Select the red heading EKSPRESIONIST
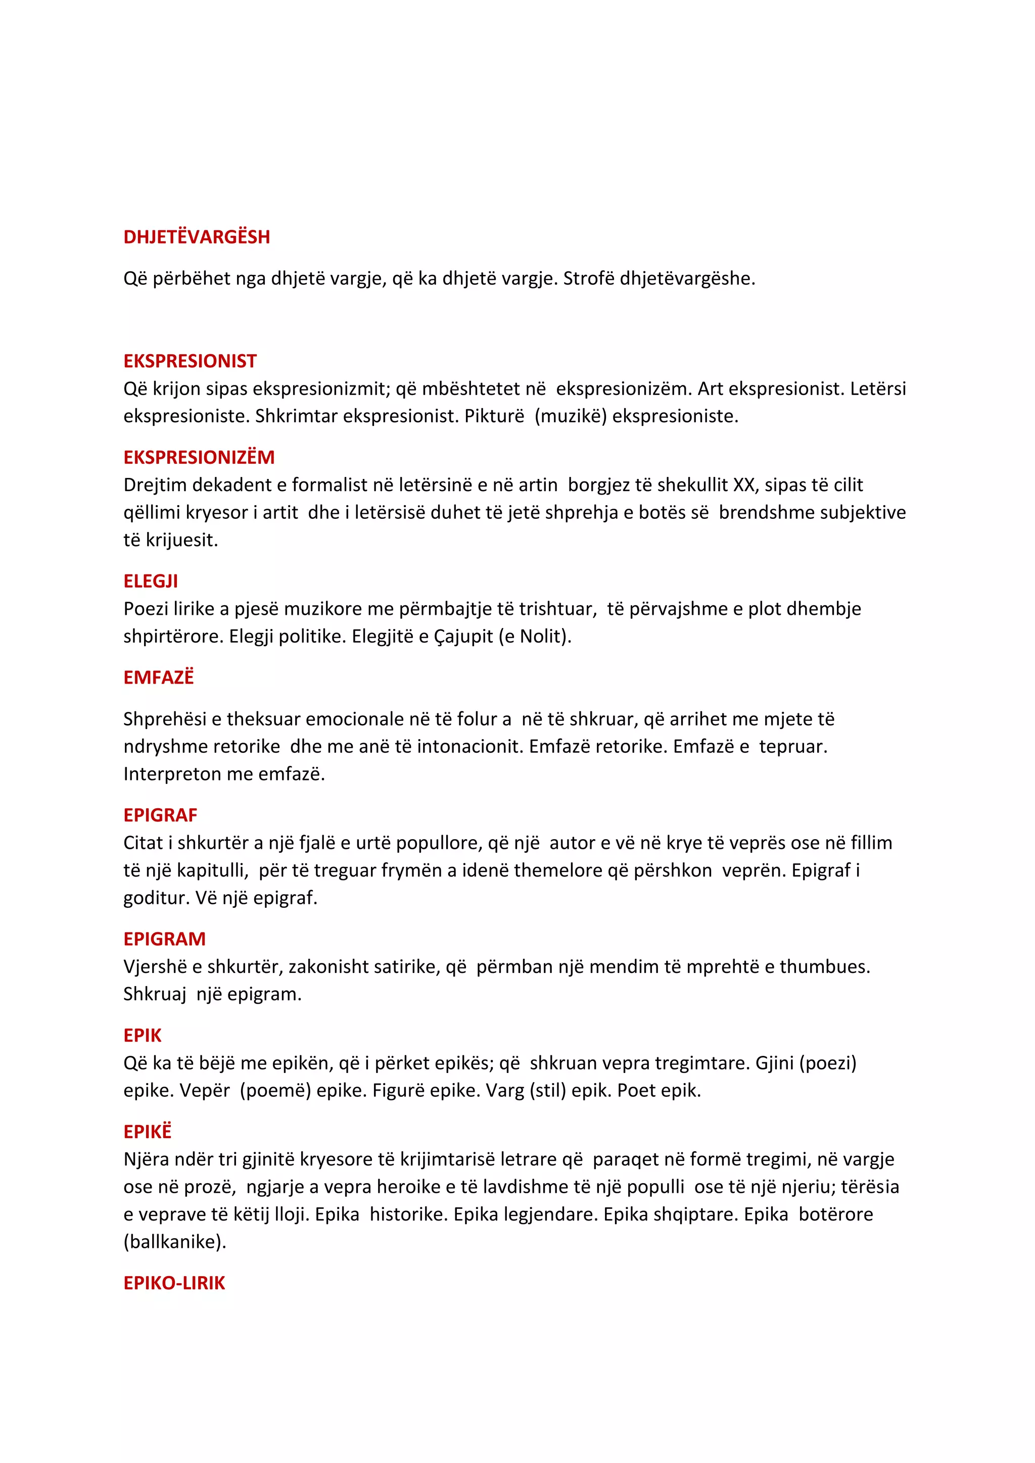coord(190,361)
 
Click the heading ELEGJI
coord(151,581)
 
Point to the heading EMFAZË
coord(158,677)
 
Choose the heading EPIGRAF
coord(160,815)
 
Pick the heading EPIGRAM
coord(164,939)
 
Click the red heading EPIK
coord(142,1036)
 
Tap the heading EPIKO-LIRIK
coord(174,1283)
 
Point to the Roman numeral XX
coord(744,485)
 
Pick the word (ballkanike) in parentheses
coord(175,1242)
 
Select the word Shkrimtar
coord(296,416)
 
